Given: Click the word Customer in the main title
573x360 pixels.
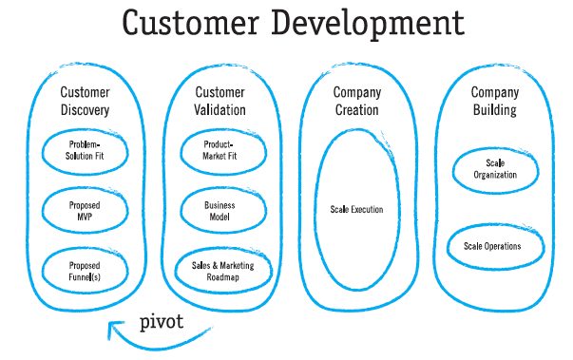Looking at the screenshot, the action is [x=190, y=23].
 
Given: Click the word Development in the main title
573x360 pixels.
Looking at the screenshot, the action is [x=368, y=25].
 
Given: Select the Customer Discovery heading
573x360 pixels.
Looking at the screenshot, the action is [x=85, y=101].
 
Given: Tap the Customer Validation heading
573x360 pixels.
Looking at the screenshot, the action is [x=220, y=101].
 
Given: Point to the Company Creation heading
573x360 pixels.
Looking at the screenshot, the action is [x=357, y=101].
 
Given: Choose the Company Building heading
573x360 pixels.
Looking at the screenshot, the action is [x=495, y=101].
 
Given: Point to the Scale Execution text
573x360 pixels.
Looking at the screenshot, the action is [x=356, y=209].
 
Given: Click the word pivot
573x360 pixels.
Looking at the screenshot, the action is [x=162, y=322].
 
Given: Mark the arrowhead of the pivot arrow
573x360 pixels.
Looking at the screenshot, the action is [x=113, y=326].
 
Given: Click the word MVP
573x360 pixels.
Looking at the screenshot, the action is [x=85, y=217].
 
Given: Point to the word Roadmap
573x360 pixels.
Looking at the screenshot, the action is [x=223, y=277].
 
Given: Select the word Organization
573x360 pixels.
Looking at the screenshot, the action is [x=495, y=175].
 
